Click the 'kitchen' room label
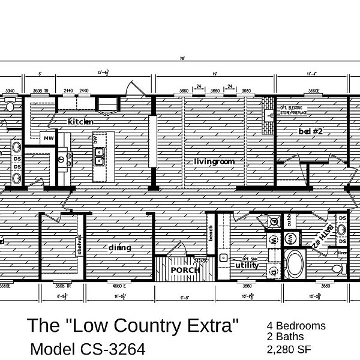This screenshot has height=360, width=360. click(x=81, y=122)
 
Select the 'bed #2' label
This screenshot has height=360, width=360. click(x=311, y=131)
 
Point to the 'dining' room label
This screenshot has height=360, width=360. click(x=120, y=247)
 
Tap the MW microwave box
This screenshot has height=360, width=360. click(x=48, y=138)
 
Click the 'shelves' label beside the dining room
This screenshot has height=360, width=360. click(x=79, y=244)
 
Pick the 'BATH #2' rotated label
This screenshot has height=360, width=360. click(x=328, y=231)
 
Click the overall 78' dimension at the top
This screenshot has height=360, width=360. click(x=181, y=59)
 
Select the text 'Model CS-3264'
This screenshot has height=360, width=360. click(x=86, y=349)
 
